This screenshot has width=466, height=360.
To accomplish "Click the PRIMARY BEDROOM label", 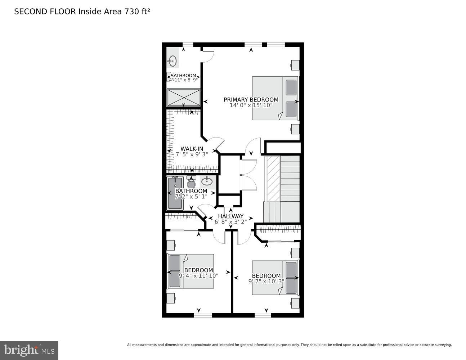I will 251,100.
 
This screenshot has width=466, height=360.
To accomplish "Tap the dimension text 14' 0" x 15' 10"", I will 251,105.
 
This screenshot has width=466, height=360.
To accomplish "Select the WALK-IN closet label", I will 192,149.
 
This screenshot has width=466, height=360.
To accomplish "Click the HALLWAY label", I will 230,216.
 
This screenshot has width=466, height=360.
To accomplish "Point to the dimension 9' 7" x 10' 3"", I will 266,281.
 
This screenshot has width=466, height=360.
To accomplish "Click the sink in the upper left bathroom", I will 173,61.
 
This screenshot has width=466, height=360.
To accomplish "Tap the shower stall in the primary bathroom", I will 184,98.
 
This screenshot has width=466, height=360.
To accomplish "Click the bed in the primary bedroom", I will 275,98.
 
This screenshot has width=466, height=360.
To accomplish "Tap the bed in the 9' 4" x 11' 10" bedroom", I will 191,271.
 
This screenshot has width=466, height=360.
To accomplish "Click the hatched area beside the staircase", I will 273,179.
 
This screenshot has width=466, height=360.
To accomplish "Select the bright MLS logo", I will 29,350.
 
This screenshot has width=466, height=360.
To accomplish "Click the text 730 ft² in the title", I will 137,12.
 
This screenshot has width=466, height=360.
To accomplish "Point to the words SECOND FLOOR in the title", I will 45,12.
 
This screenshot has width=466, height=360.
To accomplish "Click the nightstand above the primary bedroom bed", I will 295,65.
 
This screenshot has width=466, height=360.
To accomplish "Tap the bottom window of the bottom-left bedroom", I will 203,315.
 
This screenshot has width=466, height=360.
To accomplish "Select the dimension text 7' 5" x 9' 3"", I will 192,154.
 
